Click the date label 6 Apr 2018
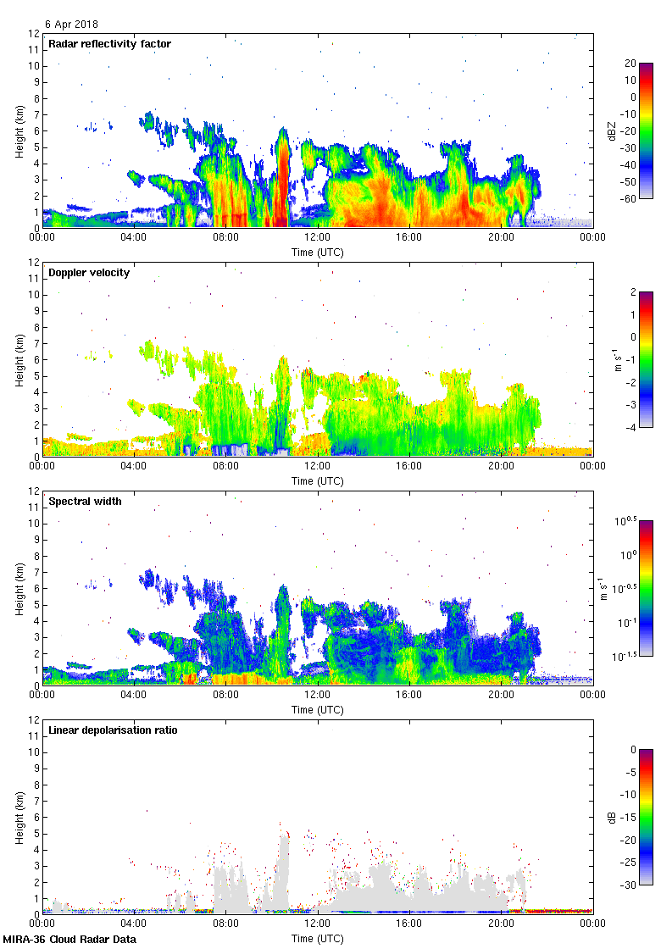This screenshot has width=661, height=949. [71, 25]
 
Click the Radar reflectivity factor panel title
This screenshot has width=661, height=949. [110, 43]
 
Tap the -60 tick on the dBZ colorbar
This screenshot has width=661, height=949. [628, 198]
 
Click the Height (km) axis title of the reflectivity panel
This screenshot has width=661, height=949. [19, 130]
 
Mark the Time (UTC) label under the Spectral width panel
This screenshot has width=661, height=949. [318, 709]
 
